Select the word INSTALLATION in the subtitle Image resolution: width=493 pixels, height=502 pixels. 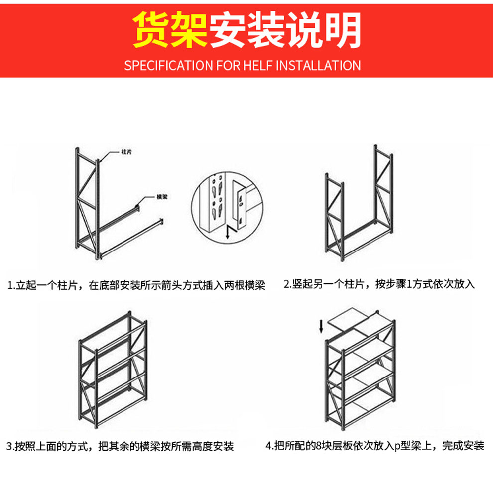click(x=318, y=65)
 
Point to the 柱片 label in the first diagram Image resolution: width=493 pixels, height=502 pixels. click(x=126, y=151)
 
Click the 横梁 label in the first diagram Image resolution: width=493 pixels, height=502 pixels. click(x=161, y=197)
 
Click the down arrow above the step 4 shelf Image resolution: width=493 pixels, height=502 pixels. click(x=321, y=327)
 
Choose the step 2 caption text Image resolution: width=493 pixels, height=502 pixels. click(x=379, y=284)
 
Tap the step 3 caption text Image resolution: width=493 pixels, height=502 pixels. click(x=120, y=446)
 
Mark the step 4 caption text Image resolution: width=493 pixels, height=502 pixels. click(x=374, y=446)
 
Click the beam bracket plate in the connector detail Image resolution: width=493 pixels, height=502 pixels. click(x=242, y=207)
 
